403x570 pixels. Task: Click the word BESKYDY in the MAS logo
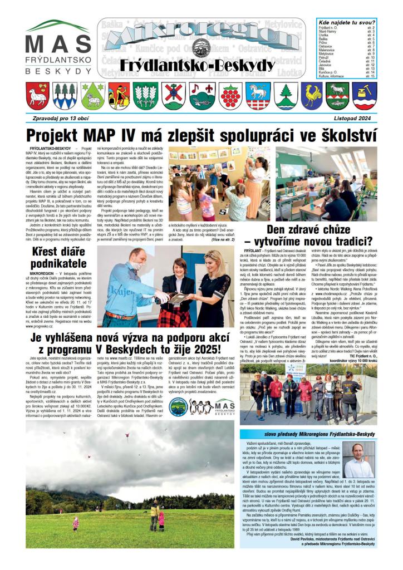57,72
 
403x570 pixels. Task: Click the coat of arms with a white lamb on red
37,95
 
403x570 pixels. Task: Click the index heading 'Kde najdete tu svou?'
347,22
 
